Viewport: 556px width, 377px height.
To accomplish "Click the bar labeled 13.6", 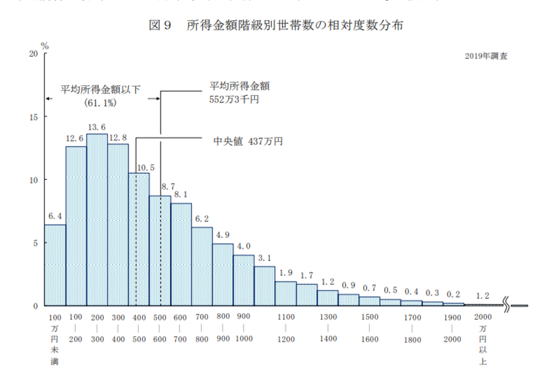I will click(97, 220).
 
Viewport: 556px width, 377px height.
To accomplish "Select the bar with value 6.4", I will click(55, 265).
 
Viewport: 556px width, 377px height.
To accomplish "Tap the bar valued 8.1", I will click(181, 254).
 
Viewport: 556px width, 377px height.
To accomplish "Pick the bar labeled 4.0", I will click(244, 280).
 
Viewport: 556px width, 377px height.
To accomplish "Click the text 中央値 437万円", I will click(248, 141).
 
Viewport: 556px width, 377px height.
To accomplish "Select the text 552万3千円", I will click(234, 100).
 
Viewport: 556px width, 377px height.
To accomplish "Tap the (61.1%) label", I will click(101, 103).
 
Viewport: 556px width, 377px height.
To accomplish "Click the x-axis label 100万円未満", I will click(55, 340).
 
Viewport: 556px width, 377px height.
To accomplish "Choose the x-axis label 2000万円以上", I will click(483, 340).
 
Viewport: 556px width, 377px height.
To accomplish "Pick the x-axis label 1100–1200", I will click(286, 328).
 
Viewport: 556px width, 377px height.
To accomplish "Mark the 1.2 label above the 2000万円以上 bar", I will click(483, 295).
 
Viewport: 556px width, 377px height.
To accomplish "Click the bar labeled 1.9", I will click(286, 294).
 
